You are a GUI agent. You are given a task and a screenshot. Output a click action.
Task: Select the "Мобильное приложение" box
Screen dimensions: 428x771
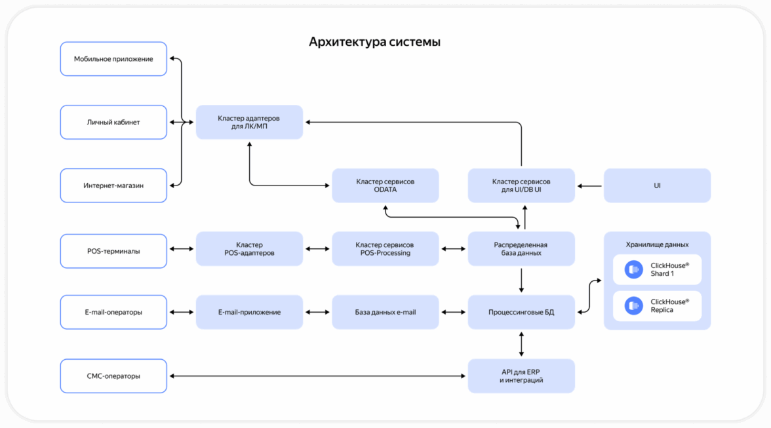pyautogui.click(x=113, y=59)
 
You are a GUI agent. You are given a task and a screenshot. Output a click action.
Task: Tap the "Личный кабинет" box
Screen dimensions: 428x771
pyautogui.click(x=113, y=122)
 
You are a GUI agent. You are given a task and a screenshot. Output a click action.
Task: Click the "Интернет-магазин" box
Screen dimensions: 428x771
pyautogui.click(x=113, y=185)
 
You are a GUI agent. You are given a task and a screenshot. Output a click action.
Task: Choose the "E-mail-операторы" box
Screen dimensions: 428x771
pyautogui.click(x=113, y=312)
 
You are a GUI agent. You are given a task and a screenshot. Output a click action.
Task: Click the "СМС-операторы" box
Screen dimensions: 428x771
pyautogui.click(x=113, y=376)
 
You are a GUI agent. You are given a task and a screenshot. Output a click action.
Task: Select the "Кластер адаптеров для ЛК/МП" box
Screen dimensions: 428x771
pyautogui.click(x=249, y=122)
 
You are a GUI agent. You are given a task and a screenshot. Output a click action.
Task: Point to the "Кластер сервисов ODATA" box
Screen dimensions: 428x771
pyautogui.click(x=385, y=185)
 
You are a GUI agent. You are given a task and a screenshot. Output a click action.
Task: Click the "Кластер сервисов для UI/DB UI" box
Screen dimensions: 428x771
pyautogui.click(x=521, y=185)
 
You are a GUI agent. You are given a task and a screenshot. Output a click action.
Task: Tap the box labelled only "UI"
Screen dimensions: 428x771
pyautogui.click(x=657, y=185)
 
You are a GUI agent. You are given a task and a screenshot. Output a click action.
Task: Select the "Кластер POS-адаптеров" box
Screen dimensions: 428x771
pyautogui.click(x=249, y=249)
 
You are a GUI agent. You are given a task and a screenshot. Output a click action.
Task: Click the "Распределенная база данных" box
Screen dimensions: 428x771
pyautogui.click(x=521, y=249)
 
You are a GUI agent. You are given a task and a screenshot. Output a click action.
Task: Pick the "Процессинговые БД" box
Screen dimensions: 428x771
pyautogui.click(x=521, y=312)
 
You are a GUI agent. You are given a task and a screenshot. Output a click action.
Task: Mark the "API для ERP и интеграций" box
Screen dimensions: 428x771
pyautogui.click(x=521, y=376)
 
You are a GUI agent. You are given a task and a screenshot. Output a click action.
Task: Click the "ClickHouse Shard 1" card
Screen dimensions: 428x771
pyautogui.click(x=657, y=269)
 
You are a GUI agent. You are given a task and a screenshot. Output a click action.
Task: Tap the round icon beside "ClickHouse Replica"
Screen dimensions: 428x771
pyautogui.click(x=633, y=306)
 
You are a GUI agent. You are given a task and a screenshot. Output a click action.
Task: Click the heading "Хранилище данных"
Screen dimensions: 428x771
pyautogui.click(x=657, y=244)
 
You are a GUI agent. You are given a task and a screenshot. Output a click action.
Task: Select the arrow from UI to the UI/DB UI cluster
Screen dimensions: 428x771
pyautogui.click(x=589, y=186)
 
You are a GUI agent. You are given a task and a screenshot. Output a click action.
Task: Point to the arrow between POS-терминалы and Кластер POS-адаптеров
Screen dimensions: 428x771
pyautogui.click(x=182, y=249)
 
